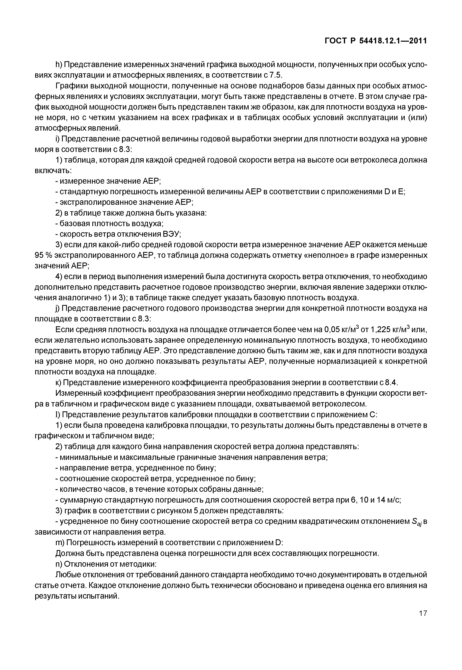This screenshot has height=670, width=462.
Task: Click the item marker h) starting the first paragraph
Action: coord(58,64)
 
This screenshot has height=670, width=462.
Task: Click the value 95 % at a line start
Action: coord(43,255)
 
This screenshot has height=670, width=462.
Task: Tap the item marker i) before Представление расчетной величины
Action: coord(57,139)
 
